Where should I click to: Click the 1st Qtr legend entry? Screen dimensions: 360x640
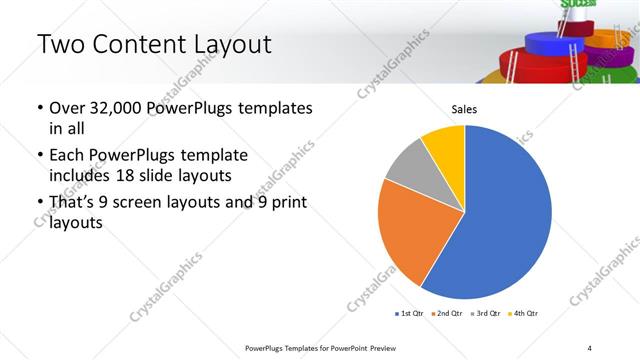coord(411,314)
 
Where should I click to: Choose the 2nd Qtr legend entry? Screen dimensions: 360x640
coord(447,314)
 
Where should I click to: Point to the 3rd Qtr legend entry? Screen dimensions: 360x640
coord(486,314)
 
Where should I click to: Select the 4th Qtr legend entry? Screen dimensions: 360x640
coord(524,314)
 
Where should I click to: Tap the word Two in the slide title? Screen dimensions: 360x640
coord(59,44)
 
